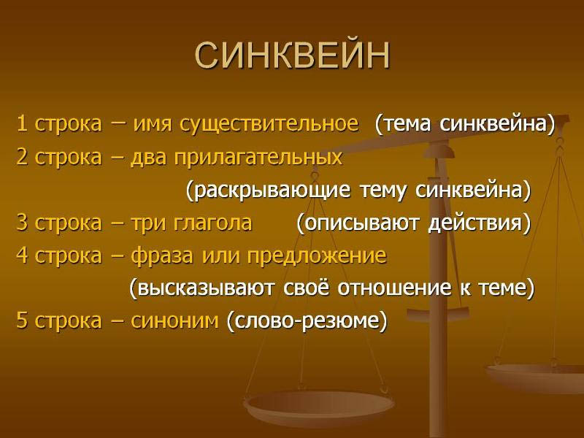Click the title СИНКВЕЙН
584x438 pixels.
(x=293, y=55)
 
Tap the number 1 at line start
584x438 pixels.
(x=22, y=123)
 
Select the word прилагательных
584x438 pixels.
(x=258, y=157)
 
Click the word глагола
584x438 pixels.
(x=212, y=223)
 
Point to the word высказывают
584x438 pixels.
(x=206, y=288)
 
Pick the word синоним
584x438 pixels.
(x=174, y=320)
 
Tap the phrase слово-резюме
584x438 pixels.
(x=307, y=320)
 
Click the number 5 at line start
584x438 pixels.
(x=22, y=320)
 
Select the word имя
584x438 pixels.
(x=151, y=124)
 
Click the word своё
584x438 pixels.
(x=306, y=288)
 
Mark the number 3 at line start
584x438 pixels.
(x=22, y=223)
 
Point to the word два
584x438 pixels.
(x=148, y=158)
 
